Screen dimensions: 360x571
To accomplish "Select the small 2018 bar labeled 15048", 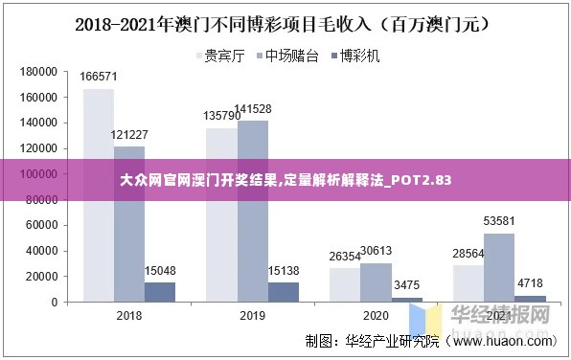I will pyautogui.click(x=160, y=292).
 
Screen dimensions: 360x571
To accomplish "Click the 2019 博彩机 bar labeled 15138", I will pyautogui.click(x=284, y=292).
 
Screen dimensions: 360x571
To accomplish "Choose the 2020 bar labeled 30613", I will pyautogui.click(x=376, y=282).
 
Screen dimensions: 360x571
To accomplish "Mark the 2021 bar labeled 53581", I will pyautogui.click(x=499, y=267).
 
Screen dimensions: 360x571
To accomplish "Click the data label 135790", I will pyautogui.click(x=222, y=116).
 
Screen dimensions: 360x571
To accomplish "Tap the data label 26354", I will pyautogui.click(x=345, y=256).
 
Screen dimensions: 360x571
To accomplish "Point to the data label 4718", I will pyautogui.click(x=530, y=283).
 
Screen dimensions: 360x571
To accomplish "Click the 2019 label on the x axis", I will pyautogui.click(x=252, y=316).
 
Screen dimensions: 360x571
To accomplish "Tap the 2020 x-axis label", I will pyautogui.click(x=376, y=316).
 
